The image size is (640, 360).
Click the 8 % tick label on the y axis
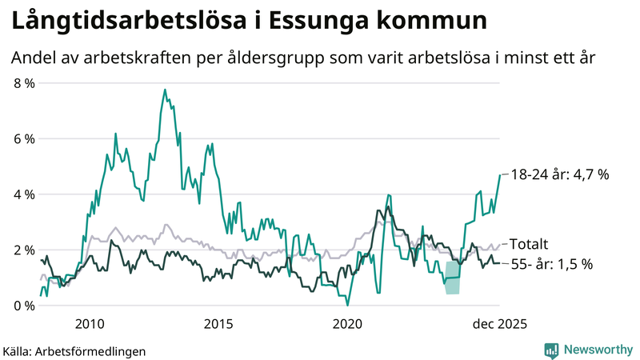[x=23, y=82]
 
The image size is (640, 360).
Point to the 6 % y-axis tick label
[x=23, y=138]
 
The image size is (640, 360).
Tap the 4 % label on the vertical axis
[x=23, y=194]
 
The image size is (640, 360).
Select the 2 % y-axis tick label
[x=23, y=250]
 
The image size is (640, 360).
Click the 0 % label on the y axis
[x=23, y=306]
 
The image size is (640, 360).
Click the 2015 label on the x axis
[x=218, y=323]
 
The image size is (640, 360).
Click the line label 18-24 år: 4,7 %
[x=561, y=174]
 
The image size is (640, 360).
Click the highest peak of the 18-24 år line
[x=165, y=90]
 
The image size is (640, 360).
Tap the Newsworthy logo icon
[x=551, y=350]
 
